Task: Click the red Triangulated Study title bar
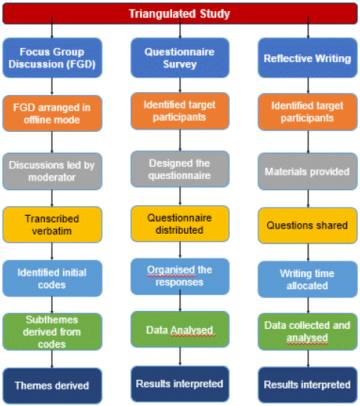[180, 13]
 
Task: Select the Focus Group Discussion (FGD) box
[52, 58]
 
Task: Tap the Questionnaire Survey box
[180, 58]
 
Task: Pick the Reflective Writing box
[308, 58]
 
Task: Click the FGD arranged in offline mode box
[52, 113]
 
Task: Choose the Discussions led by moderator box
[52, 171]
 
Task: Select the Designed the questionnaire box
[180, 169]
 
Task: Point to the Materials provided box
[308, 172]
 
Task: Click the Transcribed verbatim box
[52, 225]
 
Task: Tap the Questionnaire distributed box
[180, 224]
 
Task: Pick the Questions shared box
[308, 225]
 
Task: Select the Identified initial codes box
[52, 279]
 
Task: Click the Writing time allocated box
[308, 279]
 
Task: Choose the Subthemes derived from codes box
[52, 332]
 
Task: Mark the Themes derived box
[52, 386]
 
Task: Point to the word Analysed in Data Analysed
[192, 330]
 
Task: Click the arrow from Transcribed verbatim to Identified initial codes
[52, 252]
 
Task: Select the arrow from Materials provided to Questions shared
[308, 199]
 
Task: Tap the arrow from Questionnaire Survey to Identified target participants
[180, 85]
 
